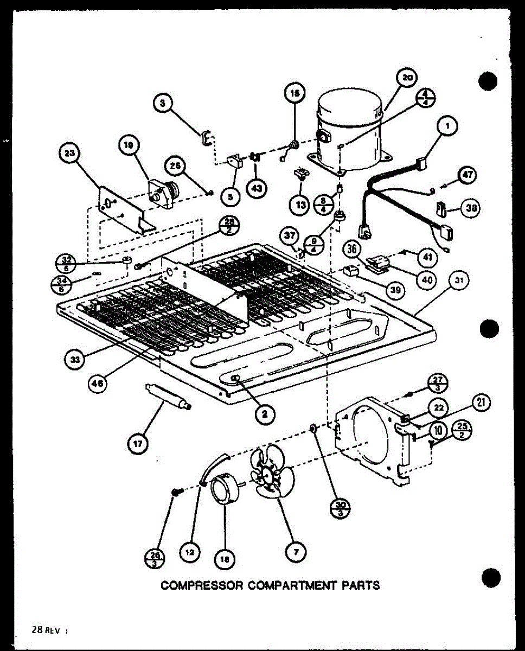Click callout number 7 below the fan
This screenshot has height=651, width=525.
296,553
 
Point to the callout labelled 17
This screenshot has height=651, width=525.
136,444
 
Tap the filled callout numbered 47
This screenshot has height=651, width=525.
467,175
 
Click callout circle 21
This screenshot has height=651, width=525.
481,403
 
